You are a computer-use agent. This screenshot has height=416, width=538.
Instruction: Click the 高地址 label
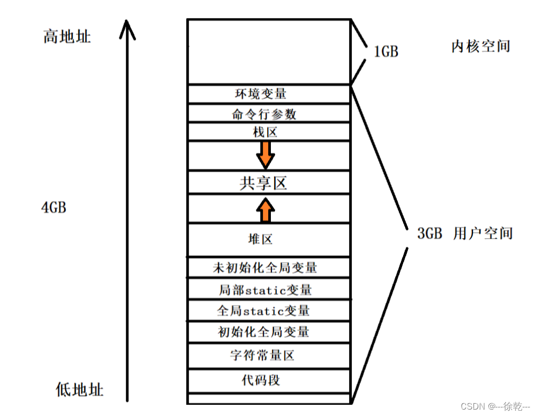click(x=67, y=36)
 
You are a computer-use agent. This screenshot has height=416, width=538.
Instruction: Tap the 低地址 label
click(x=79, y=389)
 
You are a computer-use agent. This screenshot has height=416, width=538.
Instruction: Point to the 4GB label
click(x=54, y=207)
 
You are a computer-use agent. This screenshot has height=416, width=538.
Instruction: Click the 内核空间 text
click(x=480, y=46)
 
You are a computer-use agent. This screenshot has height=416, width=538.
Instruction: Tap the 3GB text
click(x=430, y=233)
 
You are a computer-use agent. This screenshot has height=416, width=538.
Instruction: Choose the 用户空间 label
click(x=483, y=233)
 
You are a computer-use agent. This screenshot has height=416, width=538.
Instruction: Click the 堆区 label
click(x=261, y=239)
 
